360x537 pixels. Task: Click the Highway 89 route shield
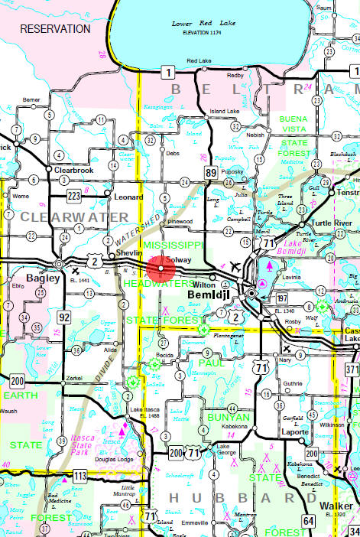click(211, 174)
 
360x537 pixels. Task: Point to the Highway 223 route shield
click(73, 195)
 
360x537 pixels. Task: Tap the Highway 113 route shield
click(79, 475)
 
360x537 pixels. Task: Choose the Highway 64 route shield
click(308, 521)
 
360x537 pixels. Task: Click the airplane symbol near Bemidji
click(233, 265)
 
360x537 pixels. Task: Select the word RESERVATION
click(55, 28)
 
